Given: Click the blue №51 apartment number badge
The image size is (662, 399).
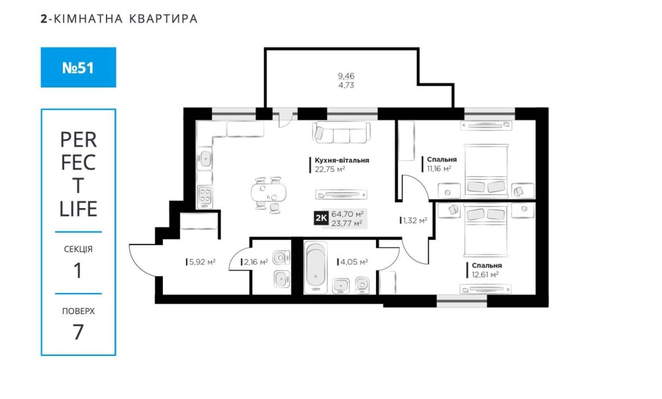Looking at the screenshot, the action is pos(78,67).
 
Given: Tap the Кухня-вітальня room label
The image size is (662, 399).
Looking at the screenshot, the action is pos(342,160).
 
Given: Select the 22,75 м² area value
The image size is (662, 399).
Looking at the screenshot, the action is pos(330,169).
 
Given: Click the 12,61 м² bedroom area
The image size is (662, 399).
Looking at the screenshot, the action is pos(485,274).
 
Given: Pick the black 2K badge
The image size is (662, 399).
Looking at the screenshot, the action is pos(321,218).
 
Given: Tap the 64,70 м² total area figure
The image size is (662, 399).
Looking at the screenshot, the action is pos(348,214).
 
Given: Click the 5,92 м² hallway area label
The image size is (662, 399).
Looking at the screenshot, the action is pos(202,262).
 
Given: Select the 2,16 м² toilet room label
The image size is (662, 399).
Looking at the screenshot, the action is pos(256,262).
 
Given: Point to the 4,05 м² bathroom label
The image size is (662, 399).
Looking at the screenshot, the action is pos(354,262).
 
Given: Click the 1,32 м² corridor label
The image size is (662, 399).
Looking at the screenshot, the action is pos(414,220).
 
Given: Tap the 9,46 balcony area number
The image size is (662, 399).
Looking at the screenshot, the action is pos(346,76).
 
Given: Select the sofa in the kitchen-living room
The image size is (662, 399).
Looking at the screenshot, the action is pos(342,133).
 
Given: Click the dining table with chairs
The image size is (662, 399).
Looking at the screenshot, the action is pos(269,193).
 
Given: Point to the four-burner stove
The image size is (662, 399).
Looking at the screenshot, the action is pos(205,196).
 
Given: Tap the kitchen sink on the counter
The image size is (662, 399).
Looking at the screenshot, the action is pos(205,159).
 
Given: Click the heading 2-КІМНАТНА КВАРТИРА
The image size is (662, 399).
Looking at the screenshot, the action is pos(119,19).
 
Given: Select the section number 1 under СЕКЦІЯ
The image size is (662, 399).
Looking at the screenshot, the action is pos(77,270).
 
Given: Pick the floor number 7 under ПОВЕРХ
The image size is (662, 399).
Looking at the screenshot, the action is pos(78,332).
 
